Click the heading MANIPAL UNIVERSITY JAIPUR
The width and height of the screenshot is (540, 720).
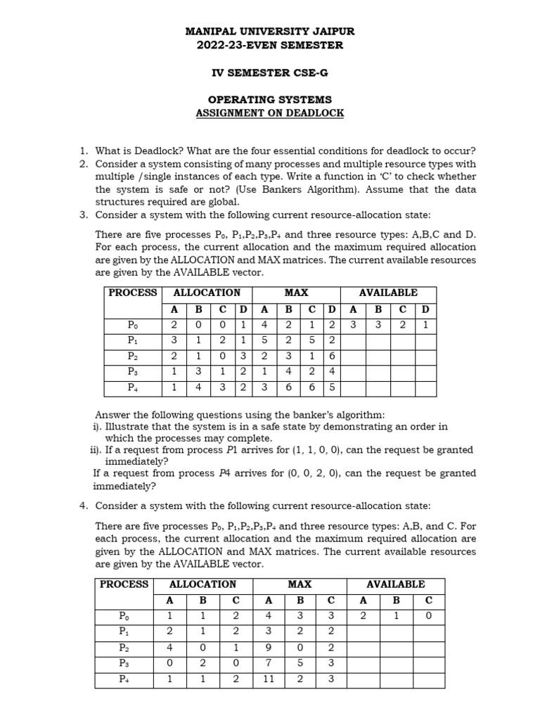(x=270, y=32)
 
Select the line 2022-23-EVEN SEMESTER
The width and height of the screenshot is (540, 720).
(x=270, y=45)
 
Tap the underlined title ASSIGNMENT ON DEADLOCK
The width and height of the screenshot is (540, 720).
(x=270, y=113)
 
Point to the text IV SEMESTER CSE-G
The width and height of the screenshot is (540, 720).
(x=270, y=72)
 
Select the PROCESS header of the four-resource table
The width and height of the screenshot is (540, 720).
(x=133, y=292)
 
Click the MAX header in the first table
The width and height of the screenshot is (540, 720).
(x=296, y=292)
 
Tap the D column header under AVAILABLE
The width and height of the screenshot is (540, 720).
(x=425, y=309)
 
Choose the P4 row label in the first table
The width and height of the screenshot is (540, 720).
(x=133, y=387)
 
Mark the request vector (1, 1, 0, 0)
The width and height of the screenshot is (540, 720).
(x=314, y=450)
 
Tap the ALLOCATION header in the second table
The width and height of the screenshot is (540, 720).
(x=202, y=584)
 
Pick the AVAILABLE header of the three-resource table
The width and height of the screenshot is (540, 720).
(x=395, y=584)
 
